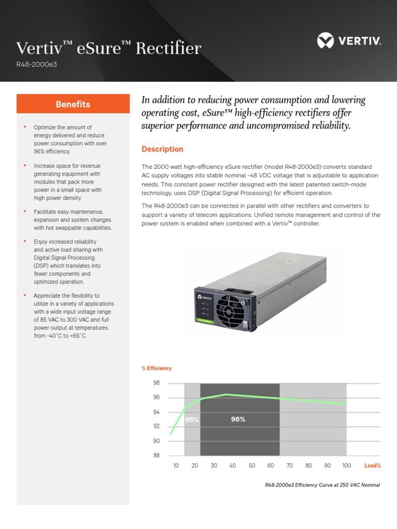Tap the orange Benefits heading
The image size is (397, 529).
pyautogui.click(x=73, y=104)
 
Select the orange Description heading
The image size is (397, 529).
pyautogui.click(x=162, y=149)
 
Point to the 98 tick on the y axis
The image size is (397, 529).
pyautogui.click(x=156, y=383)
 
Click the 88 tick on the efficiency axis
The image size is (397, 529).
pyautogui.click(x=156, y=456)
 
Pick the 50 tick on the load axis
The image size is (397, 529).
pyautogui.click(x=252, y=465)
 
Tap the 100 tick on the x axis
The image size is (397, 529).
pyautogui.click(x=346, y=465)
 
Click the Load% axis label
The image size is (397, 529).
pyautogui.click(x=372, y=465)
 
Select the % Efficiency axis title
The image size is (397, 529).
pyautogui.click(x=157, y=368)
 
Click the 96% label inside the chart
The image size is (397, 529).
pyautogui.click(x=238, y=419)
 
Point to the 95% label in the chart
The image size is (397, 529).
pyautogui.click(x=192, y=420)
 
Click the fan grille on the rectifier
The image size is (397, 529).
pyautogui.click(x=228, y=310)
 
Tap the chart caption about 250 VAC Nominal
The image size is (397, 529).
pyautogui.click(x=322, y=485)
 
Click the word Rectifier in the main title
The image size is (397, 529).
pyautogui.click(x=168, y=49)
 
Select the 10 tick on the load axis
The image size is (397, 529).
pyautogui.click(x=176, y=465)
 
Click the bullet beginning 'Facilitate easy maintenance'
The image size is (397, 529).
pyautogui.click(x=72, y=220)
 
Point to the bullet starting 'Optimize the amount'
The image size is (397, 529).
pyautogui.click(x=70, y=139)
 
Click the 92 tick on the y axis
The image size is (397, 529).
pyautogui.click(x=156, y=427)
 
